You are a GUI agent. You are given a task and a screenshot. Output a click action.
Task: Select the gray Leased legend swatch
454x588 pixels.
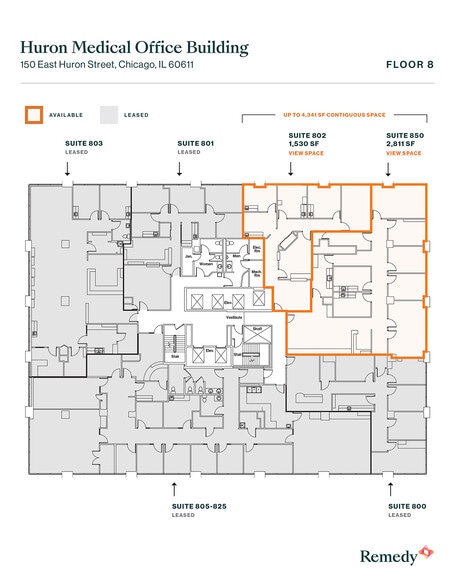pos(108,115)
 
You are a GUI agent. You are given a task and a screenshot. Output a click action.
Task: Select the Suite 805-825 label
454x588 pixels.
pos(200,506)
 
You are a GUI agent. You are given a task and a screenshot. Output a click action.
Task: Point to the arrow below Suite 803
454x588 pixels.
pos(67,171)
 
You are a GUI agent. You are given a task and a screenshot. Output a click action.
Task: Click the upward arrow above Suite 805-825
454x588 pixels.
pos(176,488)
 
